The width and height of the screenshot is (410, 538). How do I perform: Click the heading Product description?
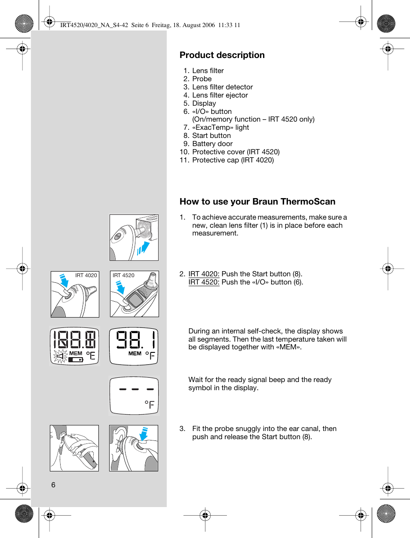click(222, 55)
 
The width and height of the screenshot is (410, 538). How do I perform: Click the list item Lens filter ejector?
click(220, 95)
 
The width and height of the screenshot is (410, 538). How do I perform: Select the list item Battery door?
click(212, 144)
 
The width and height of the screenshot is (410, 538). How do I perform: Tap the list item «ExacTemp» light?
click(220, 127)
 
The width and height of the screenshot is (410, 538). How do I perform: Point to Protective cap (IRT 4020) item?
click(233, 160)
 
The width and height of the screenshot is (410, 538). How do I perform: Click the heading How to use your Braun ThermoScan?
click(257, 202)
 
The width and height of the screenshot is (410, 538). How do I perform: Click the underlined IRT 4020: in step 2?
click(204, 274)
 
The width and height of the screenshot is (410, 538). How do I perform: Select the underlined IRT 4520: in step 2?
click(204, 282)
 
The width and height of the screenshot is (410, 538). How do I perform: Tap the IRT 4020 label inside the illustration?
click(86, 275)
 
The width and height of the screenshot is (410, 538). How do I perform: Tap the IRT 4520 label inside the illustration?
click(123, 275)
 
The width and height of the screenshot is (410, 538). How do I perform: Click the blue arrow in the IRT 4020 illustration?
click(64, 281)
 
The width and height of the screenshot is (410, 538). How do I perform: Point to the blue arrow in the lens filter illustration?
click(143, 248)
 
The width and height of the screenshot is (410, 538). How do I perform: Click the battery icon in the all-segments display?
click(76, 360)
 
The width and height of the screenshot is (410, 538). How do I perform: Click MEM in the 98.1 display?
click(135, 353)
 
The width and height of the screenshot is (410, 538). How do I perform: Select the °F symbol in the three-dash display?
click(150, 404)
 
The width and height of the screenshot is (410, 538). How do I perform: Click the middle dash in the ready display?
click(135, 389)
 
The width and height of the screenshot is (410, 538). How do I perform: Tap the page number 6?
click(53, 485)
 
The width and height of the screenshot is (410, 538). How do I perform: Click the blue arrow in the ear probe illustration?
click(144, 434)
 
